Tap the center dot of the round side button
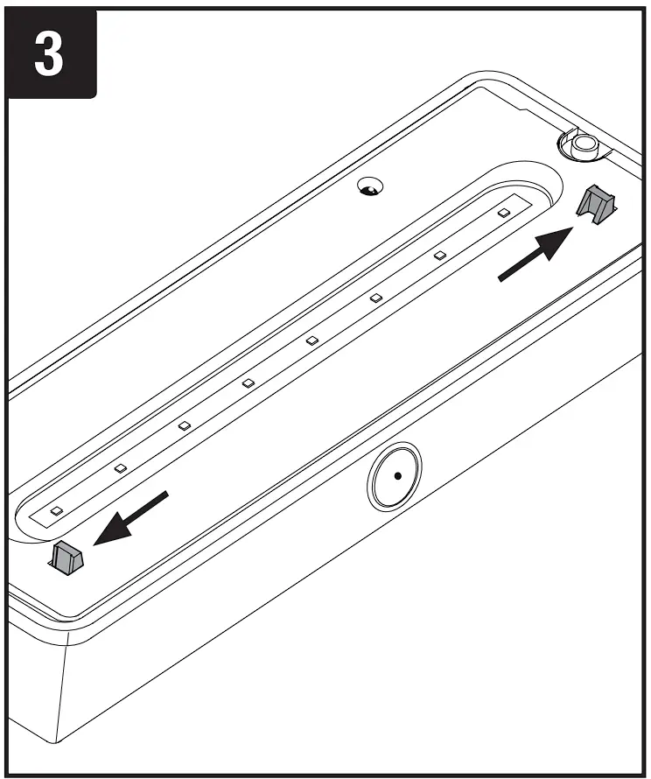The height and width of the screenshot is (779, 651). [396, 476]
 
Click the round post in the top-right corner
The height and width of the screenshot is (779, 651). [582, 145]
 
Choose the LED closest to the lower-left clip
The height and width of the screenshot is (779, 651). [57, 510]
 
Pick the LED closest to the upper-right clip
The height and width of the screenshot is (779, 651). [503, 213]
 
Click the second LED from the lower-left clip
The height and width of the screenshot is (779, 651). [121, 468]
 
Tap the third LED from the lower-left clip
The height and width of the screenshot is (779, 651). [185, 425]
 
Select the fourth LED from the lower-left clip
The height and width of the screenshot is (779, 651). [248, 382]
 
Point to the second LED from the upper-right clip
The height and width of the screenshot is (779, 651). [439, 255]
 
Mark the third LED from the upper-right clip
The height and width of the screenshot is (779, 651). [376, 298]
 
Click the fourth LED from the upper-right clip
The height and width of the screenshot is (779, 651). [312, 340]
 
